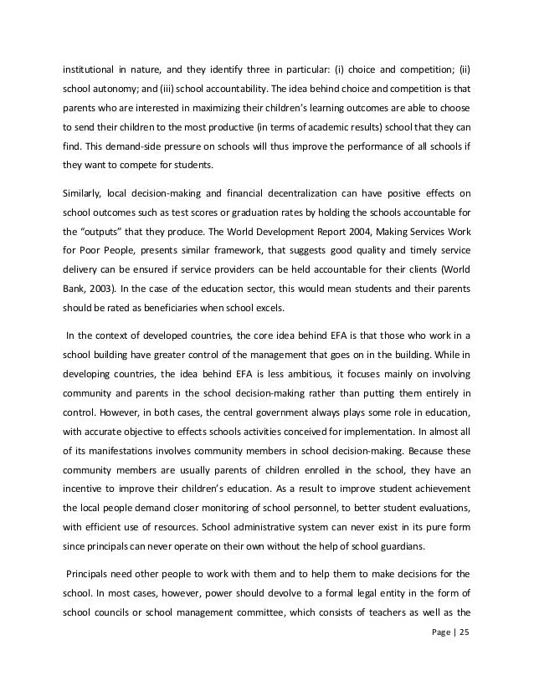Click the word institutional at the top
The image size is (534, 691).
[x=89, y=65]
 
